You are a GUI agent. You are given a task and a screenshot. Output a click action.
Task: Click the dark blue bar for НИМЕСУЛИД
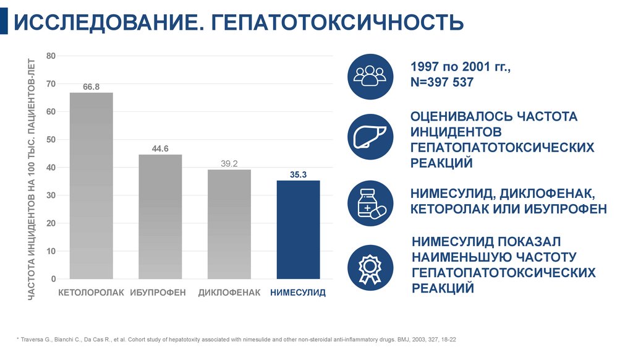(298, 229)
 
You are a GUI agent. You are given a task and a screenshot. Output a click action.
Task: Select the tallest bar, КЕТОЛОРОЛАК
(91, 186)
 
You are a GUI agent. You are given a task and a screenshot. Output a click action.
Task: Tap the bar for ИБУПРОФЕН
(160, 216)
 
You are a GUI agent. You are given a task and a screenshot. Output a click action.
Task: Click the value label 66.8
(91, 87)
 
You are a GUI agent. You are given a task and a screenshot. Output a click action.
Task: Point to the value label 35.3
(298, 175)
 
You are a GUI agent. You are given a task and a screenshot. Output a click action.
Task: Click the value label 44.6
(160, 148)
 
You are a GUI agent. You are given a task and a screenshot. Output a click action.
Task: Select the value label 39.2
(229, 164)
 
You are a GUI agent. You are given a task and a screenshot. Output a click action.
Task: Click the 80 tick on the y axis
(51, 56)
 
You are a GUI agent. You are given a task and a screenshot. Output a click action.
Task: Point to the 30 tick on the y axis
(51, 195)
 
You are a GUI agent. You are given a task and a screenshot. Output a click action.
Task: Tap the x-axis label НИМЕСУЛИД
(298, 292)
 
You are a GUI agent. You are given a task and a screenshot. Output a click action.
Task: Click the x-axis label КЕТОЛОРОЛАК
(91, 292)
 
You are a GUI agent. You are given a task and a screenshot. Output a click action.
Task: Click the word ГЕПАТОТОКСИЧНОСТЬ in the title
(338, 23)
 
